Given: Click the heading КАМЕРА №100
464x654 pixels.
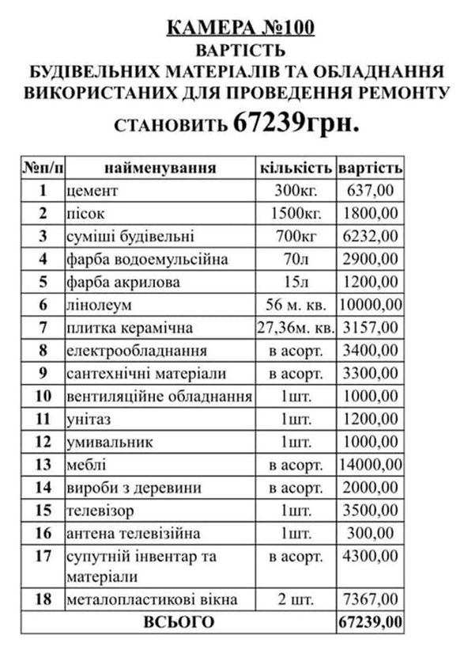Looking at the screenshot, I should click(x=240, y=29).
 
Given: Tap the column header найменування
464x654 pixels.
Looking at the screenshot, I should click(x=160, y=168).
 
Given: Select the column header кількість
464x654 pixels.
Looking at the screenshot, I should click(x=296, y=168).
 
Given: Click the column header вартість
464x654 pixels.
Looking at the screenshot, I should click(x=370, y=168).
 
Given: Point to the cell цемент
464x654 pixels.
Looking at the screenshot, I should click(x=93, y=191).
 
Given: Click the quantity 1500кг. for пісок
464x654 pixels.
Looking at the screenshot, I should click(x=295, y=214).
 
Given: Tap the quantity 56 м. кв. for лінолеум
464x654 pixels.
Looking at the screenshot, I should click(x=295, y=306).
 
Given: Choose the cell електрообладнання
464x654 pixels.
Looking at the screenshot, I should click(x=138, y=351).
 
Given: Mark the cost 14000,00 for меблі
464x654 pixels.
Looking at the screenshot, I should click(x=370, y=465).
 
